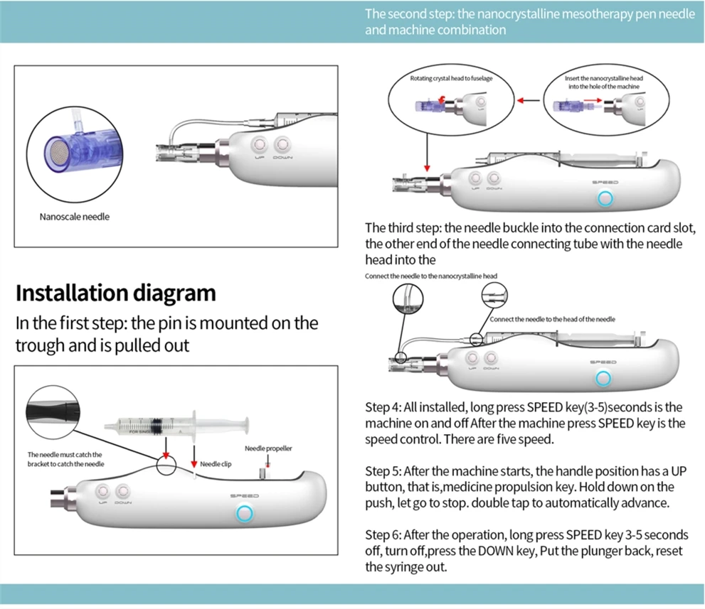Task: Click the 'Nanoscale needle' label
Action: pos(74,217)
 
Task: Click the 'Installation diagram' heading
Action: pos(115,293)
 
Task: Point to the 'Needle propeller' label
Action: pos(268,448)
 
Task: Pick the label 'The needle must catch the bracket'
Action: pos(65,459)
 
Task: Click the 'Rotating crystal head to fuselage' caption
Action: pos(451,78)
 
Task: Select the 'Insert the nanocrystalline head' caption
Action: pos(605,82)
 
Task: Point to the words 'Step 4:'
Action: pos(383,408)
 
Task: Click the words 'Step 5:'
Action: pos(383,471)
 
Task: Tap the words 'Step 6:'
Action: pos(383,535)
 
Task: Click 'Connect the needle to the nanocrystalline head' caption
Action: pos(430,276)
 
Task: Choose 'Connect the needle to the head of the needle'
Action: pos(552,320)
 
